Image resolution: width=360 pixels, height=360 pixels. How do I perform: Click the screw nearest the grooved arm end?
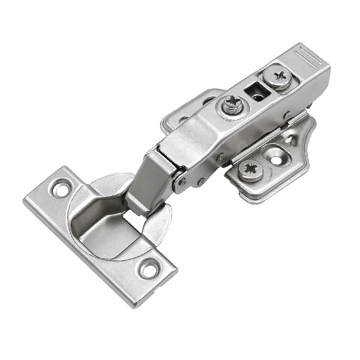pos(280,76)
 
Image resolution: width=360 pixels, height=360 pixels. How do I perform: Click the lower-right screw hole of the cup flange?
pos(149,269)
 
